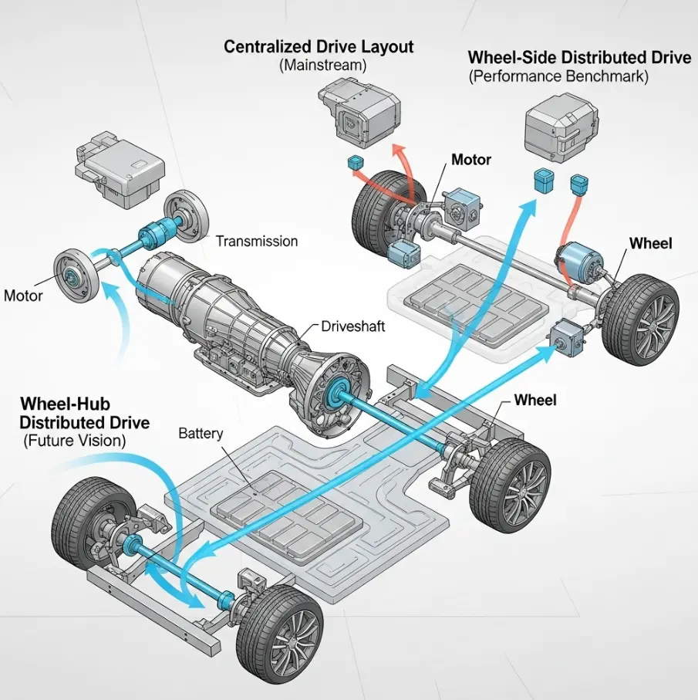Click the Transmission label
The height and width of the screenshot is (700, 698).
coord(256,242)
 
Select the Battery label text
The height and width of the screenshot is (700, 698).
coord(201,433)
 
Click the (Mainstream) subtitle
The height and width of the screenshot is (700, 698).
coord(322,66)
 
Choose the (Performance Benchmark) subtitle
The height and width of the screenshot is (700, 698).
coord(558,77)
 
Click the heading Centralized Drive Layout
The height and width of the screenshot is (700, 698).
coord(319,47)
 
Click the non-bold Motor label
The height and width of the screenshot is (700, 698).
coord(24,295)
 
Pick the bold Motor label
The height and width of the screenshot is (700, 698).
coord(471,160)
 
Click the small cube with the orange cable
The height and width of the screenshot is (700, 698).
coord(578,184)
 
